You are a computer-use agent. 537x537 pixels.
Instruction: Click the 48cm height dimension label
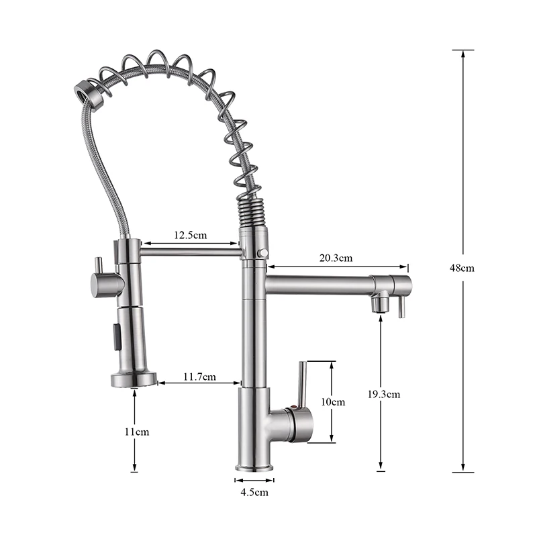point(462,267)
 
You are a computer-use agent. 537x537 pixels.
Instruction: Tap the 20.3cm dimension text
point(336,258)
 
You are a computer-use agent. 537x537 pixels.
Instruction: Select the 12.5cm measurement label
point(191,235)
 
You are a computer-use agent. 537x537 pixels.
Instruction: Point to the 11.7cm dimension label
point(199,377)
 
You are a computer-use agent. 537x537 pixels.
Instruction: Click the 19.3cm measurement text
point(384,394)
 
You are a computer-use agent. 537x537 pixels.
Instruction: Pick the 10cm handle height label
point(333,401)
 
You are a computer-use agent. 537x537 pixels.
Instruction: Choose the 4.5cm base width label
point(254,492)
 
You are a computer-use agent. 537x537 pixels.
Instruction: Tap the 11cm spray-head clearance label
point(137,432)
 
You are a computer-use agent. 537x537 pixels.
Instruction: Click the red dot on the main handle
point(293,407)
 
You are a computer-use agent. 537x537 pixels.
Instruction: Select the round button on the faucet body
point(263,253)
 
